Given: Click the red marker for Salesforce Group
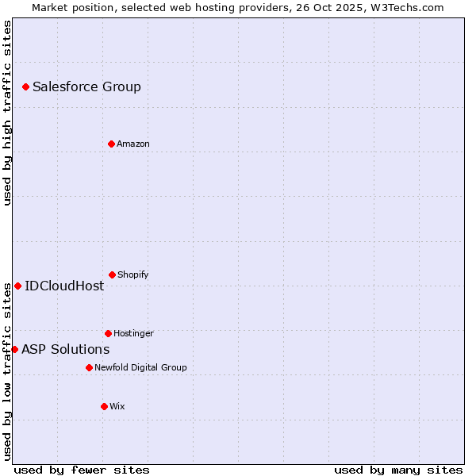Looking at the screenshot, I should [x=25, y=86].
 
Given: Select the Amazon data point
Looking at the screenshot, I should [x=111, y=144].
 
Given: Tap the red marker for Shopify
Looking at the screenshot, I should [x=112, y=274].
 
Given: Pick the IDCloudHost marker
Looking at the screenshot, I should [x=17, y=286].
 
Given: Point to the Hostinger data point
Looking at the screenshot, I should [x=108, y=333].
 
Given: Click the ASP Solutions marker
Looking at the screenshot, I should [x=14, y=349].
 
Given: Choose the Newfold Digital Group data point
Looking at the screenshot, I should [x=89, y=367].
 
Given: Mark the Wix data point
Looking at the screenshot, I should [x=104, y=406].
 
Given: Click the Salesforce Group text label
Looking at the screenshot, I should [x=86, y=86].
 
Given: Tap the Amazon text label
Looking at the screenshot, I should [x=133, y=144].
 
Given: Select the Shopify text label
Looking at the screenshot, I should [x=133, y=274].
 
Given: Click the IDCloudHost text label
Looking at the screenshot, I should [x=64, y=286].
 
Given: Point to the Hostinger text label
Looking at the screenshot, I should [x=133, y=333].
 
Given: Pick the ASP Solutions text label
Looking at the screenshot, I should [x=65, y=349].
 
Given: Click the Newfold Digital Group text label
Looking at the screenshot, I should [x=140, y=367].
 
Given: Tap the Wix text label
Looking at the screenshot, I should [x=117, y=406].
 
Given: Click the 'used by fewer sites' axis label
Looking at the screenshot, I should [x=82, y=470].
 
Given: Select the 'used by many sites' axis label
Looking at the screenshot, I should [x=398, y=470].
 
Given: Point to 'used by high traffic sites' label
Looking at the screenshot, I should [x=7, y=113].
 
